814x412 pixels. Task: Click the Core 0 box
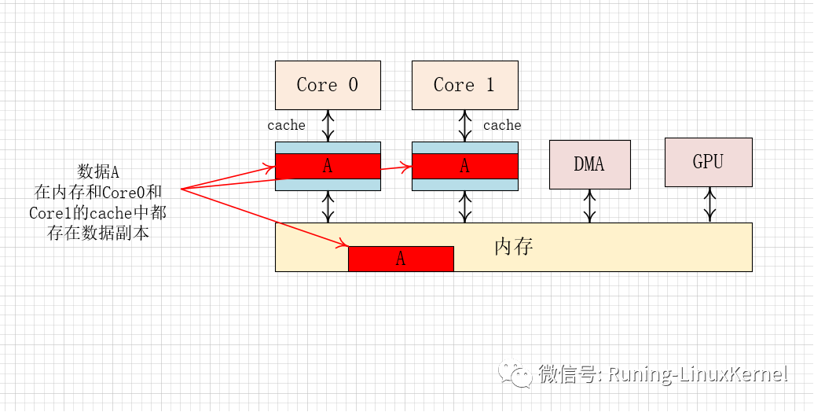[328, 85]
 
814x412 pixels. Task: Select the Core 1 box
[464, 85]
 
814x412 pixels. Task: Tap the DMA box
[589, 164]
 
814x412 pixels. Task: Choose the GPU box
[708, 162]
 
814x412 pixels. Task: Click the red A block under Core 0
[328, 166]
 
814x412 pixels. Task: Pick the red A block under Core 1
[464, 166]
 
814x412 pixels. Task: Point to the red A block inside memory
[401, 259]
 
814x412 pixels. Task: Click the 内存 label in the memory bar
[514, 247]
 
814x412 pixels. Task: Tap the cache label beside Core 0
[286, 125]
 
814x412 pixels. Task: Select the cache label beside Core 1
[502, 125]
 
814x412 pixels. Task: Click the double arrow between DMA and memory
[589, 206]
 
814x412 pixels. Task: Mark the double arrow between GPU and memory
[709, 204]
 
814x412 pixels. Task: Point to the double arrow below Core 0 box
[328, 125]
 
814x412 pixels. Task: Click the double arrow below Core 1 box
[464, 125]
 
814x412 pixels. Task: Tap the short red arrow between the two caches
[396, 167]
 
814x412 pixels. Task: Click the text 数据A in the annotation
[97, 172]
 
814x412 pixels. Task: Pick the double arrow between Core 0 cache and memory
[328, 207]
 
